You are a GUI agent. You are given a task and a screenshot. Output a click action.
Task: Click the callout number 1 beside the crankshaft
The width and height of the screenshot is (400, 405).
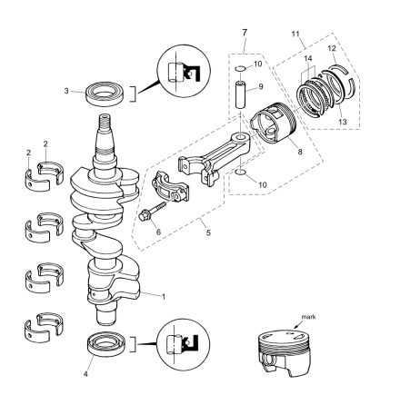click(x=164, y=297)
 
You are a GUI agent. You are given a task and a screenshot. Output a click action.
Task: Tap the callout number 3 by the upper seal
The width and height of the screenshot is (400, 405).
click(x=66, y=91)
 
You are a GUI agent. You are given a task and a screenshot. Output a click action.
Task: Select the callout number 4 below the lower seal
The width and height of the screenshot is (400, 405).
click(x=85, y=374)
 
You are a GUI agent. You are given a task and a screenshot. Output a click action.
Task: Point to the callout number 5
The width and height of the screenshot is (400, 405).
click(x=208, y=232)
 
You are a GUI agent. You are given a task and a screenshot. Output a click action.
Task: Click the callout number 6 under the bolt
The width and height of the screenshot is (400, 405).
click(x=158, y=232)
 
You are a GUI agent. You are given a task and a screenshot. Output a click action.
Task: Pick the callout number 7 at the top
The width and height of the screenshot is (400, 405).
click(x=245, y=33)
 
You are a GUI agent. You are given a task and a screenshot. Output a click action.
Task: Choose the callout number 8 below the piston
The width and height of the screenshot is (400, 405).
click(x=300, y=152)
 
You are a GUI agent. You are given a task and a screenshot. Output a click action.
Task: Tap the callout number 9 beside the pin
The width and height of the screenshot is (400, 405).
click(x=261, y=87)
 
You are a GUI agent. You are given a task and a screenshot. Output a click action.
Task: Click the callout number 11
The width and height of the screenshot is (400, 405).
click(x=295, y=34)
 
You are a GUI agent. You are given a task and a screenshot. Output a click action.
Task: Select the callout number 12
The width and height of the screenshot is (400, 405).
click(x=332, y=48)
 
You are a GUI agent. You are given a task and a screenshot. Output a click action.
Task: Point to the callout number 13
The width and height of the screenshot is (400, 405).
click(x=343, y=122)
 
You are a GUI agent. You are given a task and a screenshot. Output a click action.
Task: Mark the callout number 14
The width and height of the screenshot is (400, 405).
click(x=308, y=58)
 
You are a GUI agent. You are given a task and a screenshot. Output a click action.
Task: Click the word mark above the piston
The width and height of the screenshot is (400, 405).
click(x=308, y=317)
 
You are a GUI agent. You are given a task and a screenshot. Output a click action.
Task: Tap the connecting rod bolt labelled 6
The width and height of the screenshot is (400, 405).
click(x=153, y=211)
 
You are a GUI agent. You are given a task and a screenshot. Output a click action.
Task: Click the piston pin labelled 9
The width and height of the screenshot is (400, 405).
click(x=242, y=94)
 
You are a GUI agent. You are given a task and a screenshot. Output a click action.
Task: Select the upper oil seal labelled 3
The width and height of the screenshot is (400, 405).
click(x=105, y=94)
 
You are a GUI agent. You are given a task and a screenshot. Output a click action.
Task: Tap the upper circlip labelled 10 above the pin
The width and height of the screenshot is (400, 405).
click(x=241, y=68)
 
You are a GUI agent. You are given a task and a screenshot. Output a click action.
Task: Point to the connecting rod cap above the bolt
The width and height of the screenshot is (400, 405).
click(x=170, y=187)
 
